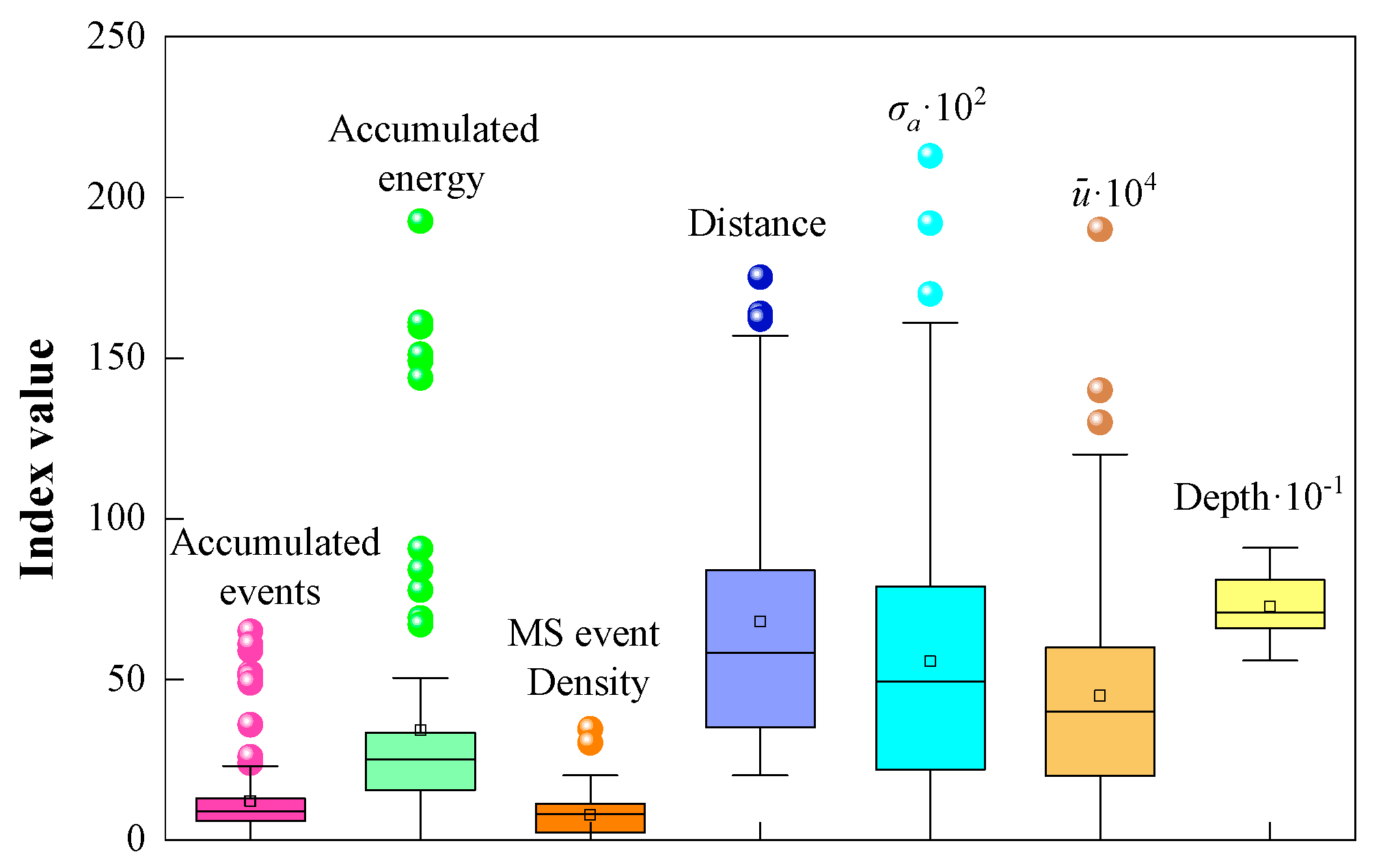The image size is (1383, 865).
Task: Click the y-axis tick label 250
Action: (x=116, y=36)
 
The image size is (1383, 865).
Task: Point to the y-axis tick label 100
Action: (x=116, y=518)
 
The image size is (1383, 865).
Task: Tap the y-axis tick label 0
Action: (x=135, y=839)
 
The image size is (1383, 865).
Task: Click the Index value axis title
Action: (x=38, y=459)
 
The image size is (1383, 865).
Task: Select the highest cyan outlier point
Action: (x=930, y=156)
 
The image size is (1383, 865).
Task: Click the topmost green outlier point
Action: (x=420, y=221)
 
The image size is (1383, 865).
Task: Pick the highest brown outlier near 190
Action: (x=1099, y=229)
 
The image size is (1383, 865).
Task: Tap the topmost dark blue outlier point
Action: (x=760, y=277)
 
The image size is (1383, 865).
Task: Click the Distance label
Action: (x=756, y=223)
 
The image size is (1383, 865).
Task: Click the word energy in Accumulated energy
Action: (x=431, y=179)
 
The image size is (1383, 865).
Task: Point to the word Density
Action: (x=588, y=683)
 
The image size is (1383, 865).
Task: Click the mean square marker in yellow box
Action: (x=1270, y=607)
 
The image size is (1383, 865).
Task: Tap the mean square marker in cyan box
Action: (x=930, y=661)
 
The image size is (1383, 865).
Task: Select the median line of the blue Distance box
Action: (x=760, y=653)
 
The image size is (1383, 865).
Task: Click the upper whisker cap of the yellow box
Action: (x=1270, y=547)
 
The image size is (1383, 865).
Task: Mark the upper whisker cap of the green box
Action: (x=420, y=678)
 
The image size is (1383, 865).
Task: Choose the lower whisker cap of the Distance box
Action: (x=760, y=775)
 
